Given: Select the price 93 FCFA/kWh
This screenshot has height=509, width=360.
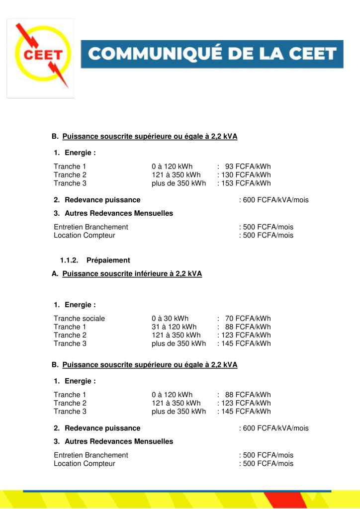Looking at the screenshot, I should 248,167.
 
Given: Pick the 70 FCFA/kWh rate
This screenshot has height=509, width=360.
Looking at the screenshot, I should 248,319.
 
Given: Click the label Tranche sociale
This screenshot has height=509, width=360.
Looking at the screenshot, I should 80,319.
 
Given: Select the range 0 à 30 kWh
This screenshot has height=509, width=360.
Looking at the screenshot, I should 170,319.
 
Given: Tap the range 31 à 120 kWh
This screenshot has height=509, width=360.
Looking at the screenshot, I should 174,327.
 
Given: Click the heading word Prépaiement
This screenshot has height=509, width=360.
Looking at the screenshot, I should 108,260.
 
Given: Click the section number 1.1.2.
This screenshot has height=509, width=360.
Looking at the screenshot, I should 70,260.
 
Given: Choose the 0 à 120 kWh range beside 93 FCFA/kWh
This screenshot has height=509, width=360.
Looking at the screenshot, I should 172,167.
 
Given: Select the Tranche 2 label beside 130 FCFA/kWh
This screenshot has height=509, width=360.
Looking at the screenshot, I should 70,175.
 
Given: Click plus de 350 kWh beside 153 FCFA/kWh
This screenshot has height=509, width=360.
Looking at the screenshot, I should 179,183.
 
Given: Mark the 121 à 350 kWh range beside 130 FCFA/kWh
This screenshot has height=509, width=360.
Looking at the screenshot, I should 176,175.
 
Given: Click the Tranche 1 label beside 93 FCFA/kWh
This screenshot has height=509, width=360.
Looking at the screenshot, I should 70,167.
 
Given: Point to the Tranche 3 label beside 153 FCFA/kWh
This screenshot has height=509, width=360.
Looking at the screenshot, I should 70,183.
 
